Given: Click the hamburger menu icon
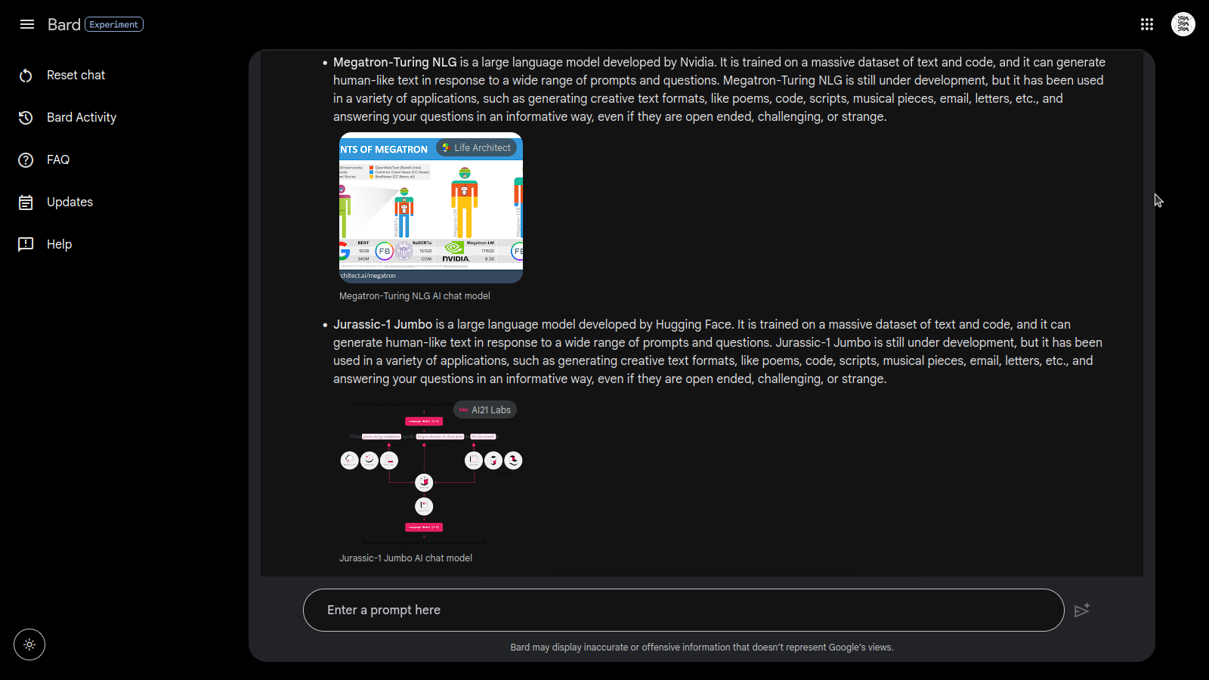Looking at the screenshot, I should point(27,24).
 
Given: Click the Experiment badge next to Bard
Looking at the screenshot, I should point(114,24).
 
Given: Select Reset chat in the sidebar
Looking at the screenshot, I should point(76,75).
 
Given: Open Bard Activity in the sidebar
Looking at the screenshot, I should point(81,117).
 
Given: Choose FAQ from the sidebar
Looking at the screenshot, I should point(57,159).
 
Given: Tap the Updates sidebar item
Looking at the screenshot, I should point(70,202).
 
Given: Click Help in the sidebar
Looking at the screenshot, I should point(59,244).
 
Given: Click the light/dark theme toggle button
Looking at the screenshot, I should point(29,644).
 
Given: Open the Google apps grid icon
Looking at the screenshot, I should point(1147,24).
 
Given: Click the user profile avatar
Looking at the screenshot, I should point(1183,24).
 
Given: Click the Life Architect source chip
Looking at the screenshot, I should point(477,148).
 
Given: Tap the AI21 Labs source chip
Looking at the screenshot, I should point(485,410).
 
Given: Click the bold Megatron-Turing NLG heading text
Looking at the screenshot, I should point(394,62).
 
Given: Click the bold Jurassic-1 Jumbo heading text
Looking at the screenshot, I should point(382,324).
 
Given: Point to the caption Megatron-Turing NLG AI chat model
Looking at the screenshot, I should point(414,296).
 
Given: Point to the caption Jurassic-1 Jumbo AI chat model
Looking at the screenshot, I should point(405,558).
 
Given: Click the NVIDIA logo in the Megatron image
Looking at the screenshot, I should point(455,252).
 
